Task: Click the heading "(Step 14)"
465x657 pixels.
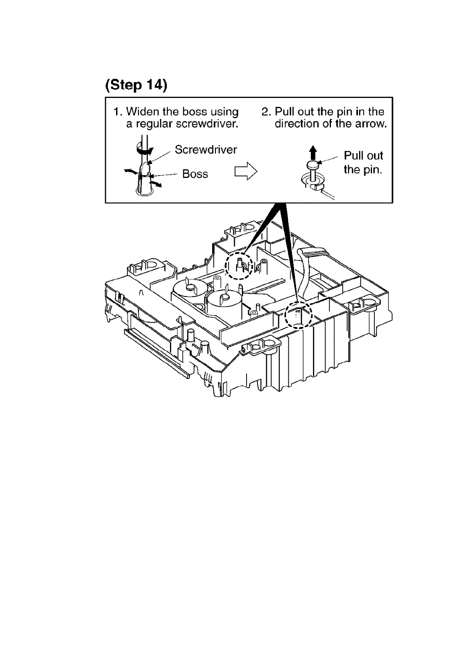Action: pyautogui.click(x=136, y=85)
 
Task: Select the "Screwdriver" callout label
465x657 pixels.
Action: pyautogui.click(x=206, y=150)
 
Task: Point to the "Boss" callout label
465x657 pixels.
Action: pyautogui.click(x=195, y=174)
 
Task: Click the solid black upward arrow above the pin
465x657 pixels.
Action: pyautogui.click(x=312, y=151)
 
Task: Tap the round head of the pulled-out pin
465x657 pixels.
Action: pyautogui.click(x=313, y=165)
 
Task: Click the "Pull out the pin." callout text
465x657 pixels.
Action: pyautogui.click(x=363, y=162)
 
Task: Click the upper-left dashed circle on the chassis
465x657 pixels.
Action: pyautogui.click(x=239, y=265)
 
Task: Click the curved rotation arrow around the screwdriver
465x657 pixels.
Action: pyautogui.click(x=145, y=149)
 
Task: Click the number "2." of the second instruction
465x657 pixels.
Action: pyautogui.click(x=266, y=112)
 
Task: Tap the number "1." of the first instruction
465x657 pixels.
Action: pyautogui.click(x=118, y=112)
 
